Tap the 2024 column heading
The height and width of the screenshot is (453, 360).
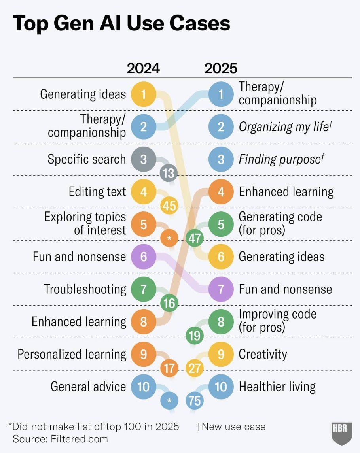tap(143, 68)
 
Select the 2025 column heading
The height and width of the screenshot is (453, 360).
tap(221, 68)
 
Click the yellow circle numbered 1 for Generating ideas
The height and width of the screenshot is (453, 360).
tap(143, 94)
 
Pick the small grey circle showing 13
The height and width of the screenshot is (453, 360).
tap(169, 173)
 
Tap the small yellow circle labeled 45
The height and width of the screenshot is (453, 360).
tap(169, 206)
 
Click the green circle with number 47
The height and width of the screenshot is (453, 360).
tap(195, 238)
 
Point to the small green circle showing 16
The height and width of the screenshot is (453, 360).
tap(169, 304)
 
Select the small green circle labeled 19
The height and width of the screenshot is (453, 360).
tap(195, 336)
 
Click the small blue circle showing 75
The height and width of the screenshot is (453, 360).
tap(195, 401)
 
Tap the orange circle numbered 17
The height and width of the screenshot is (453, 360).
tap(169, 368)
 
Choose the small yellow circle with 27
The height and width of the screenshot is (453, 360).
tap(195, 368)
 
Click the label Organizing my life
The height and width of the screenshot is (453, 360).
tap(284, 126)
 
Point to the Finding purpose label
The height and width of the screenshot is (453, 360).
tap(279, 159)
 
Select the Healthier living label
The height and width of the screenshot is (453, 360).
tap(277, 386)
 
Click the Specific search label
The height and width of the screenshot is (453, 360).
tap(87, 159)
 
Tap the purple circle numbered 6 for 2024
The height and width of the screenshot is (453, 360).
tap(143, 257)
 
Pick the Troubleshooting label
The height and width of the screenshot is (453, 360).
tap(85, 289)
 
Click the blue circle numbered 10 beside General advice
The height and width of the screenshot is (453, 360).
tap(143, 386)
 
